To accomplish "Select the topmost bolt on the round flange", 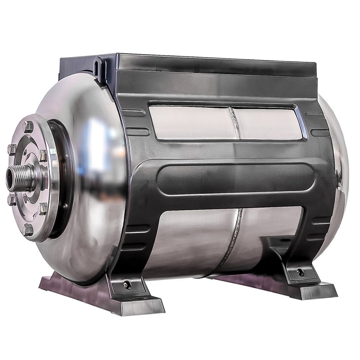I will point(28,126).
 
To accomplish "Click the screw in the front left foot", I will point(126,285).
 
